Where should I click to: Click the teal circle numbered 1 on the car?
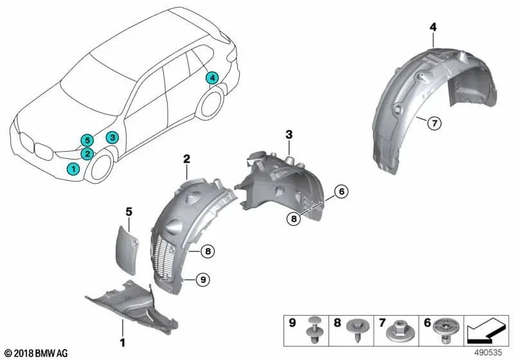74,169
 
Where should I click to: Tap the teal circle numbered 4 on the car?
211,78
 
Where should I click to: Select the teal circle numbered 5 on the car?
86,141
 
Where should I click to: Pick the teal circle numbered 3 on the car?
112,137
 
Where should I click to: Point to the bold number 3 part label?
289,134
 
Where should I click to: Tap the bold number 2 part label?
186,157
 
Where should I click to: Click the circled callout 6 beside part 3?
341,191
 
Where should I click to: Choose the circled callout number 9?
204,279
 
